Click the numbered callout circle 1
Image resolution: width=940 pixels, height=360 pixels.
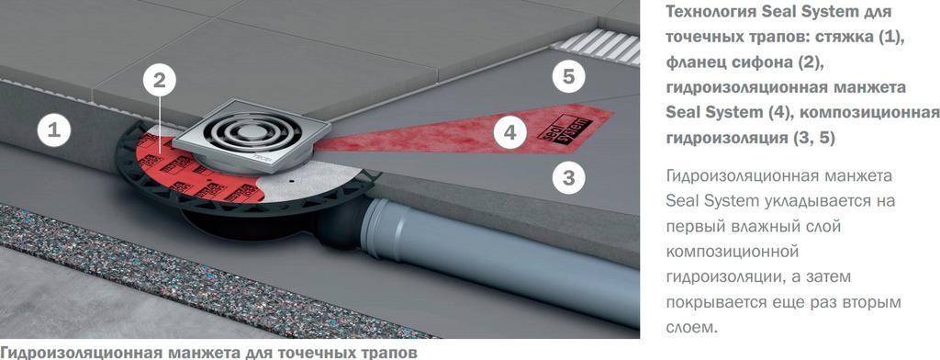click(54, 130)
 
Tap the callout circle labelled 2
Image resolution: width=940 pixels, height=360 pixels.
click(159, 81)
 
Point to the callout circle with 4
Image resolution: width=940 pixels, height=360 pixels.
click(510, 132)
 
